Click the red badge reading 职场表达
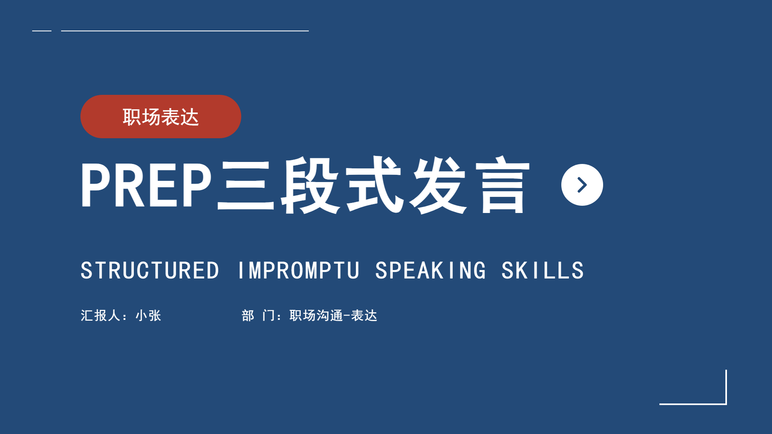[x=161, y=117]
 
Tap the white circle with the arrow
[x=582, y=185]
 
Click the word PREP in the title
[x=146, y=185]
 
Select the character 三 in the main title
[x=246, y=185]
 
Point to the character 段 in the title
[x=310, y=185]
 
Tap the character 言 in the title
[x=503, y=185]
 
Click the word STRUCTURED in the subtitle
[x=150, y=270]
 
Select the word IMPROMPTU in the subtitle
[x=298, y=270]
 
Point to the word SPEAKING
[x=431, y=270]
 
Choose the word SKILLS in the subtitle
[x=543, y=270]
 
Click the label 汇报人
[x=101, y=315]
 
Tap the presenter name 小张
[x=148, y=315]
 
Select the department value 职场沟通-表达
[x=333, y=315]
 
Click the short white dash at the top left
[x=42, y=31]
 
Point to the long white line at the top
[x=185, y=31]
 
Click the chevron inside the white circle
[x=582, y=185]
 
